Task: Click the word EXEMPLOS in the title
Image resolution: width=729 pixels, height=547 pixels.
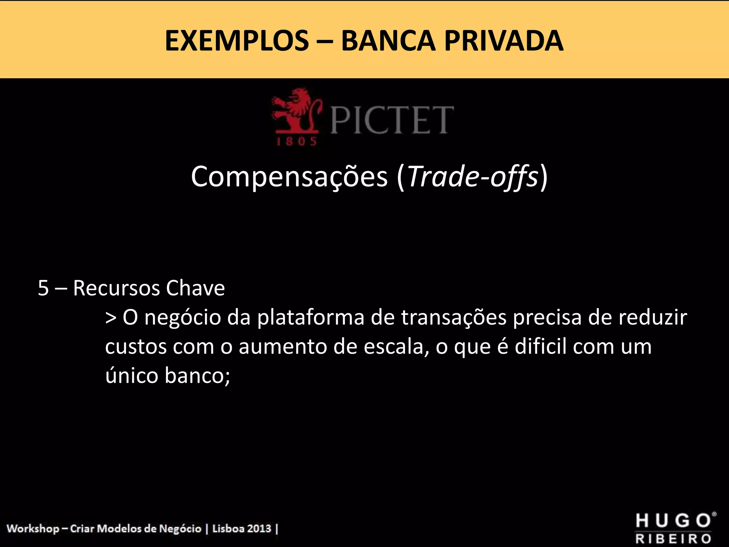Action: [237, 41]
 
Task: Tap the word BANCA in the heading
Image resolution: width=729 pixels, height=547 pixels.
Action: [388, 41]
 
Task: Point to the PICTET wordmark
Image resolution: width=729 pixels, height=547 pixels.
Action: [392, 120]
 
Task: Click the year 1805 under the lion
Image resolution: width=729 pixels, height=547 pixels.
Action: [297, 142]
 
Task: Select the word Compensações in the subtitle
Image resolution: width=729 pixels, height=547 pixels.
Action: [289, 177]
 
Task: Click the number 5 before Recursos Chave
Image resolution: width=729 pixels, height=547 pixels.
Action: [43, 288]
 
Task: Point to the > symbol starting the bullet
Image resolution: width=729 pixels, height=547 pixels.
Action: [111, 318]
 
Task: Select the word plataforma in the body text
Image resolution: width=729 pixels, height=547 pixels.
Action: [310, 318]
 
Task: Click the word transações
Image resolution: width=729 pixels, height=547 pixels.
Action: [454, 318]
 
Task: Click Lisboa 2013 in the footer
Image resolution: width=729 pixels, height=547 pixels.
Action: [242, 528]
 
